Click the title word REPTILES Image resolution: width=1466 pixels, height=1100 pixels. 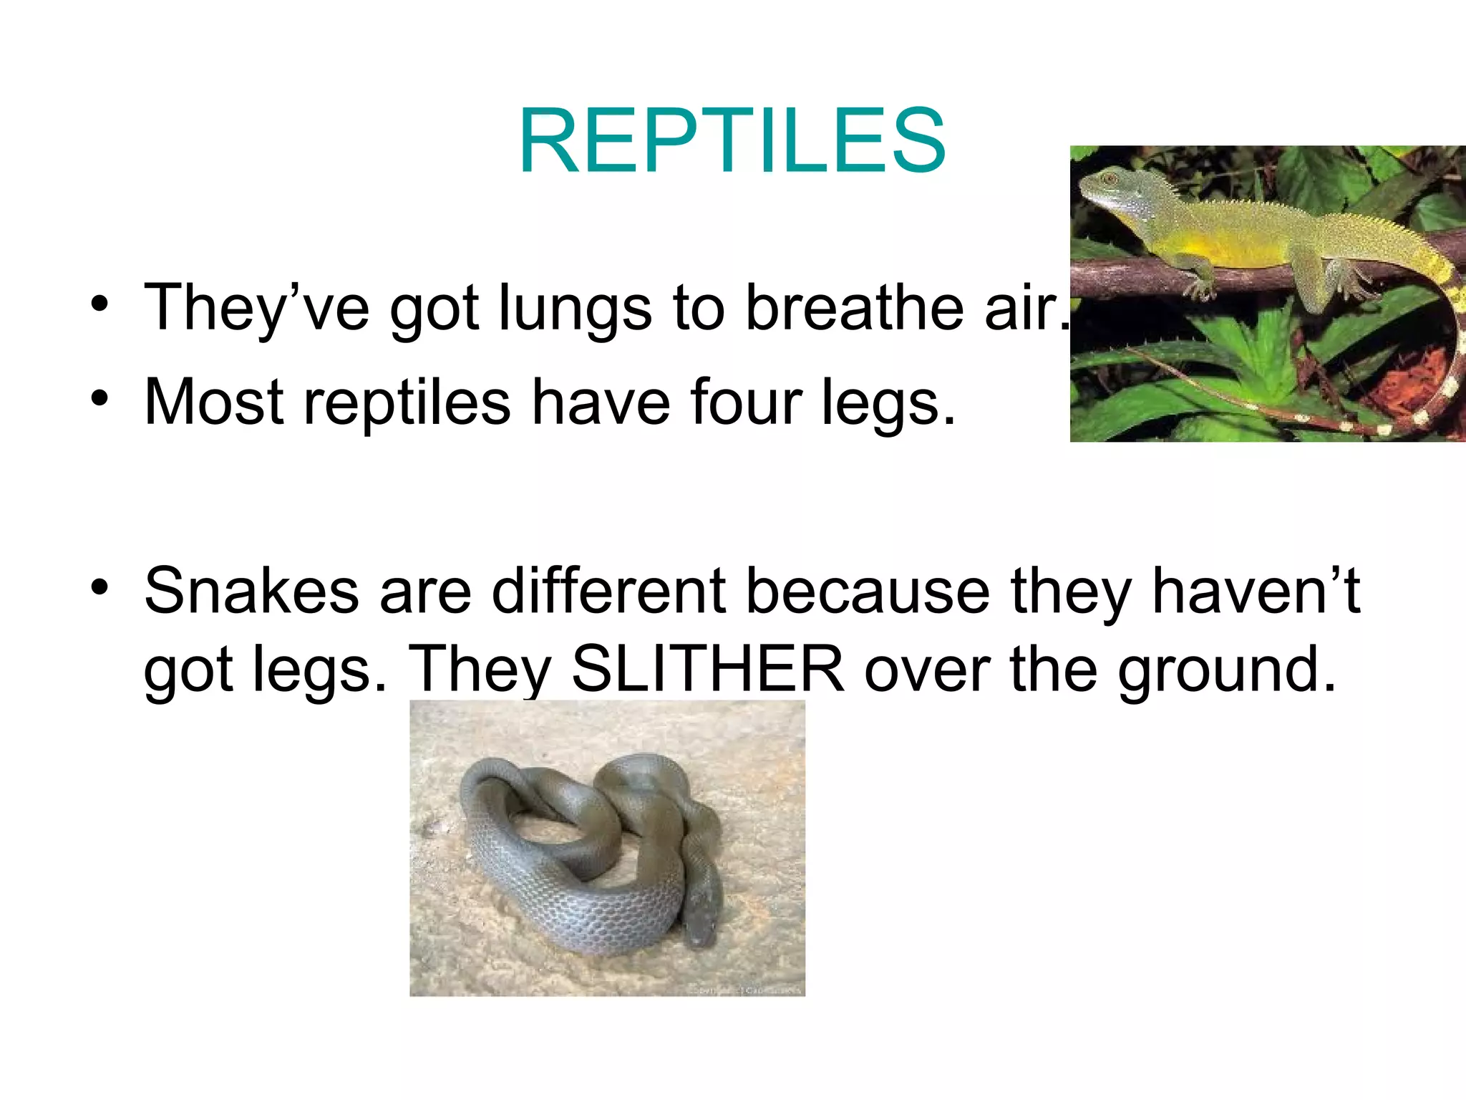[732, 140]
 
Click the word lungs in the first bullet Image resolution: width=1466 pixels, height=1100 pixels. [575, 308]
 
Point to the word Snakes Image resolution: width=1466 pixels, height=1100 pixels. [251, 591]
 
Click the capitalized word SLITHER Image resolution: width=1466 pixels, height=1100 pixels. [708, 669]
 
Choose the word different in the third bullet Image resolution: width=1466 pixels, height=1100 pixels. [609, 591]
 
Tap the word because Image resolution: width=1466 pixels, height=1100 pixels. [868, 591]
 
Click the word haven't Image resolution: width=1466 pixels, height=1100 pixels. [1256, 591]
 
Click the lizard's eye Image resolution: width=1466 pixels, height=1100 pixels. [1109, 177]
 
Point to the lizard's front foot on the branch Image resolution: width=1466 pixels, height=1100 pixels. [1197, 286]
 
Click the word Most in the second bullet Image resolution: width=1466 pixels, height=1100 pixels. [214, 402]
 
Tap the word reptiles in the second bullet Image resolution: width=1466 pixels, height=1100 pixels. [407, 403]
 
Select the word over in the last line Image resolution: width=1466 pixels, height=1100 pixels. [926, 669]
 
